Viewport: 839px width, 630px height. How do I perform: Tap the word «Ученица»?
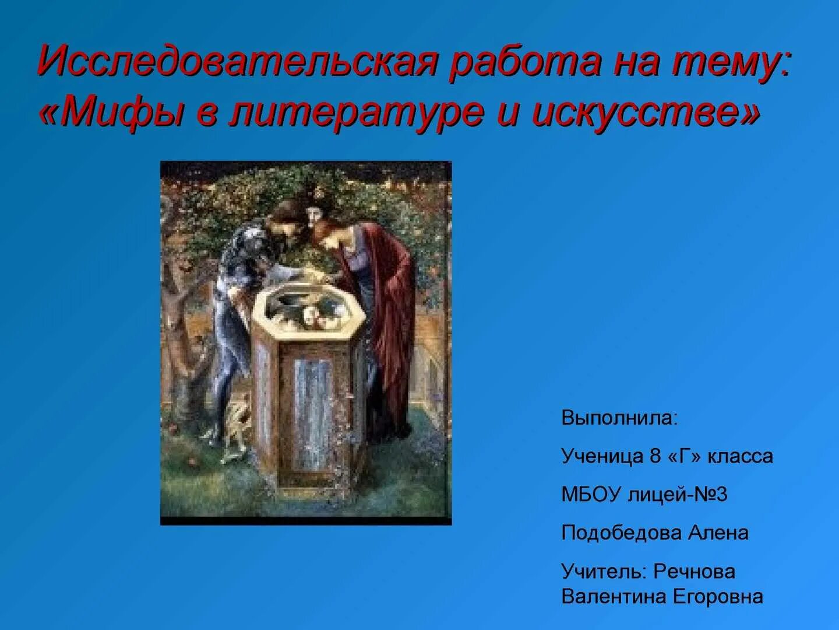(602, 456)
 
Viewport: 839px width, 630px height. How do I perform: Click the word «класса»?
(740, 456)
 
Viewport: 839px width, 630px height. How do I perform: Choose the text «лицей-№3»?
(678, 494)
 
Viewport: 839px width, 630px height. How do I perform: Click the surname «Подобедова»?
(621, 533)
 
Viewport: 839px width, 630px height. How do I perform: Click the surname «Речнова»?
(694, 571)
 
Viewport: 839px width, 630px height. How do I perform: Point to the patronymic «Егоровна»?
(718, 597)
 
